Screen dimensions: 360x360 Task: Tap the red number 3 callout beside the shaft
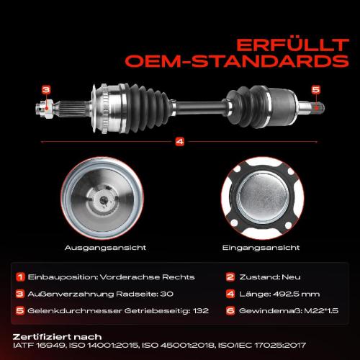point(45,90)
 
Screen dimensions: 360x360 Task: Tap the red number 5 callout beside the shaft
point(315,89)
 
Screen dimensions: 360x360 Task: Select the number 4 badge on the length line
point(180,141)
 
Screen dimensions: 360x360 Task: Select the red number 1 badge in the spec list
point(21,276)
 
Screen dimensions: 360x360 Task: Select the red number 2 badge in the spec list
point(230,276)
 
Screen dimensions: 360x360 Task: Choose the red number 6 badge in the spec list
point(230,310)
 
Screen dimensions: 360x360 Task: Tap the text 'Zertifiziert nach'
point(57,336)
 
